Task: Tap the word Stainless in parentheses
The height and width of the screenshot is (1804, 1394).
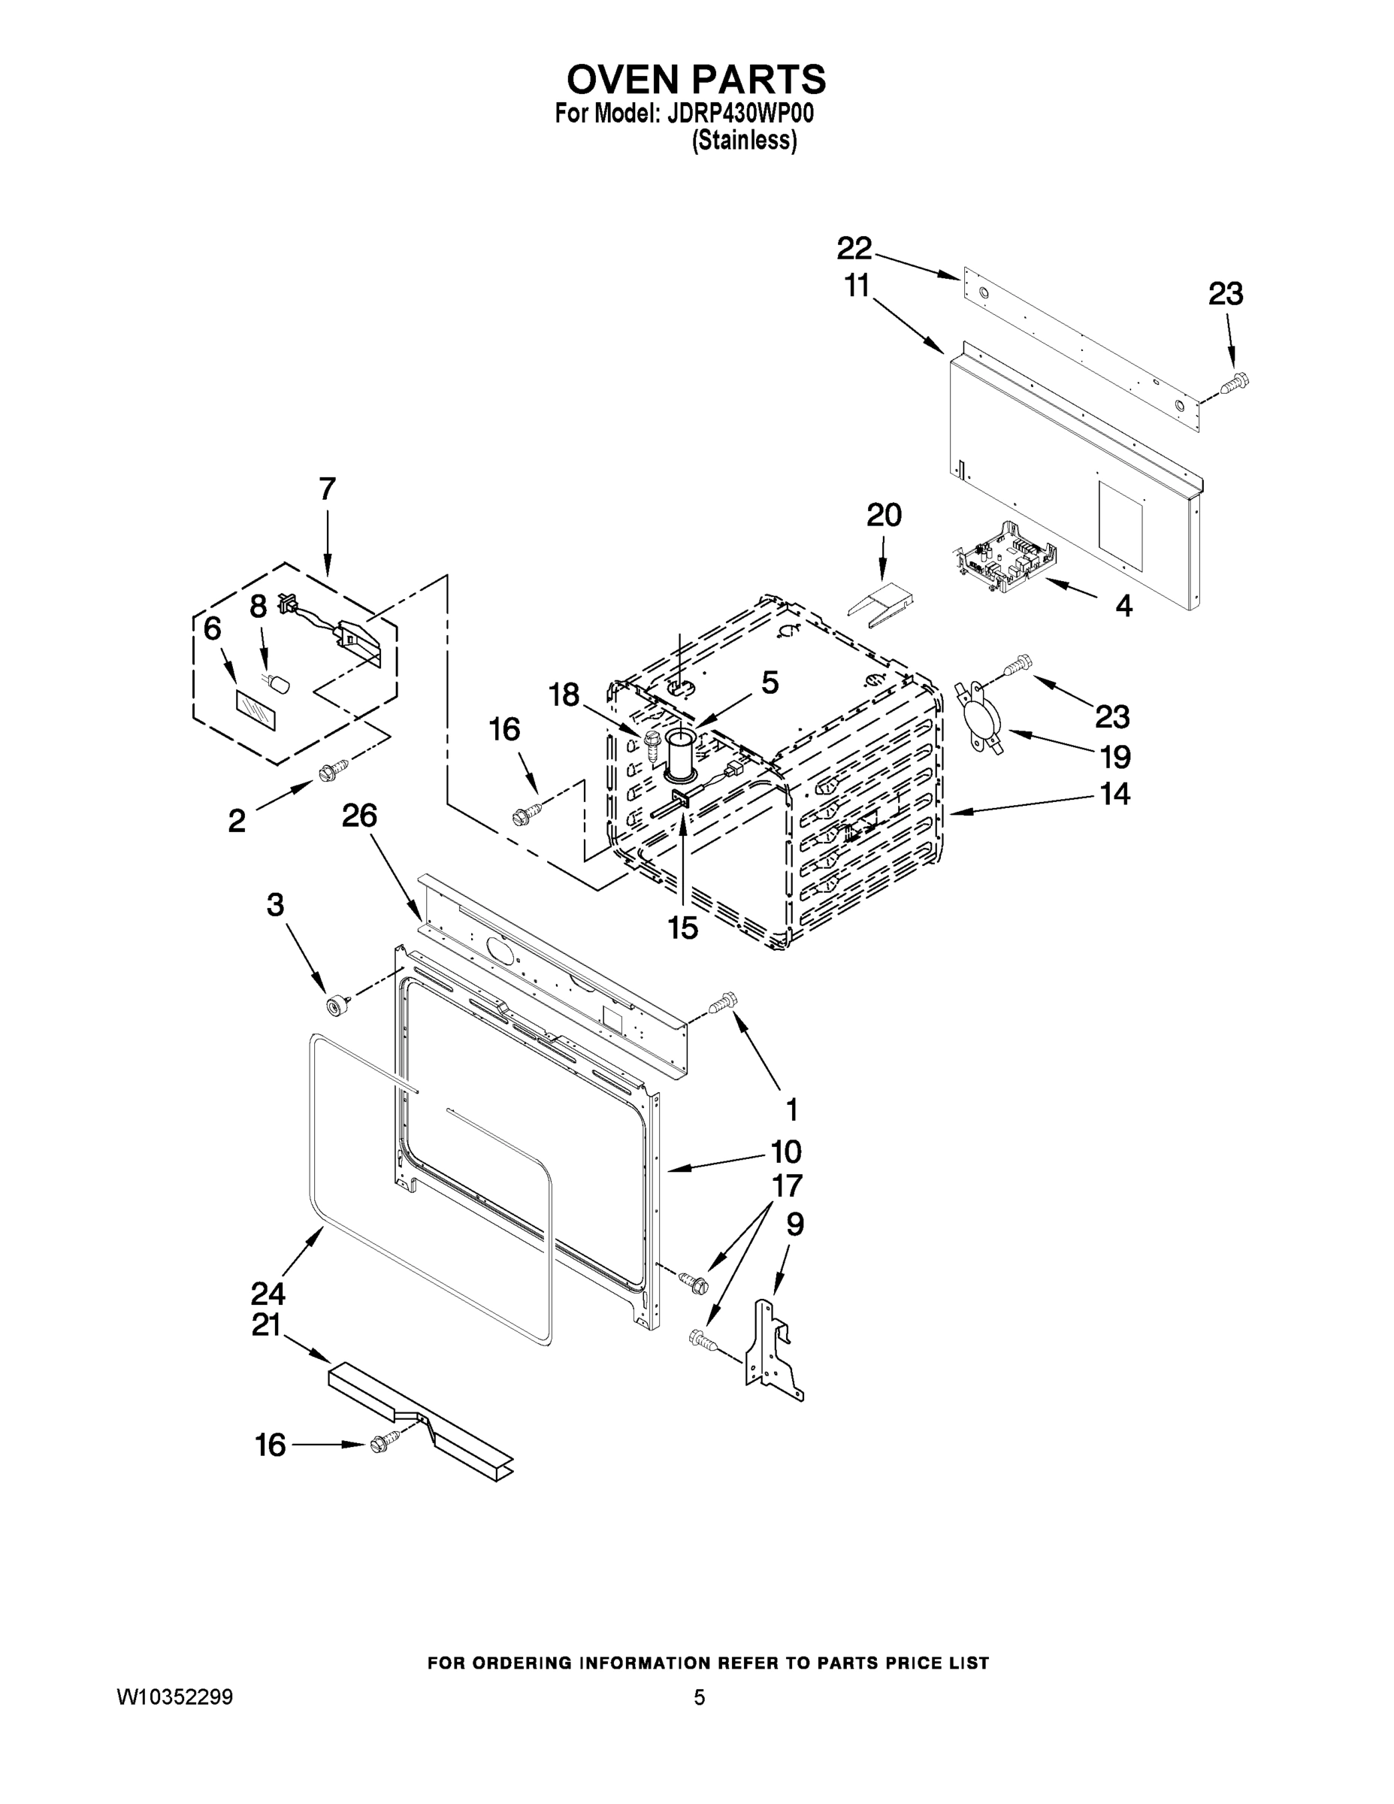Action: [744, 141]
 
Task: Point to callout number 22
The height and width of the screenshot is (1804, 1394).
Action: [854, 248]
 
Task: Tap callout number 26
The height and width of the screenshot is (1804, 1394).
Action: [359, 816]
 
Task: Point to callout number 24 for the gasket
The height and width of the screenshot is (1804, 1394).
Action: [269, 1293]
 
